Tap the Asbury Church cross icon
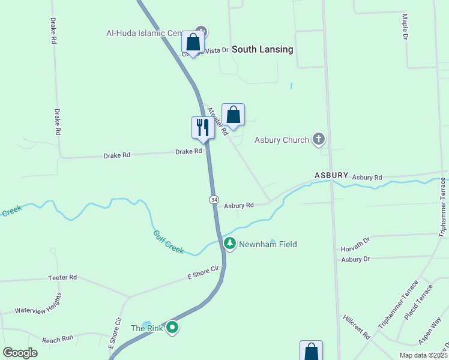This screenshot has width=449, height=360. click(x=319, y=140)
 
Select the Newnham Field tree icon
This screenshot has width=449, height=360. click(x=230, y=244)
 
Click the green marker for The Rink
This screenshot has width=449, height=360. click(x=172, y=328)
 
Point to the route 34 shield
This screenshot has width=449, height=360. click(x=214, y=199)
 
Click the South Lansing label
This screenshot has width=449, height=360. click(x=262, y=49)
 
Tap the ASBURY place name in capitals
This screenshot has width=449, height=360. click(x=331, y=175)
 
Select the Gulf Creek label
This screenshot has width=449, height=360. click(x=168, y=242)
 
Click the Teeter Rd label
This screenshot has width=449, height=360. click(x=63, y=278)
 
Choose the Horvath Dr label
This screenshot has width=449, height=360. click(x=357, y=248)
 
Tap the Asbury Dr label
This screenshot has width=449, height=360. click(x=355, y=259)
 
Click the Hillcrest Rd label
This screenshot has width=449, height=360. click(x=357, y=326)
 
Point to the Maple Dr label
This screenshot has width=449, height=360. click(x=405, y=27)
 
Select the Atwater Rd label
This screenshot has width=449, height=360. click(x=217, y=121)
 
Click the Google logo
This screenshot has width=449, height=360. click(x=20, y=353)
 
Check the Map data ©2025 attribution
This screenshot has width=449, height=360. click(x=423, y=355)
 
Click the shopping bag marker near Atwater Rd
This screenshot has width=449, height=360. click(x=233, y=115)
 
